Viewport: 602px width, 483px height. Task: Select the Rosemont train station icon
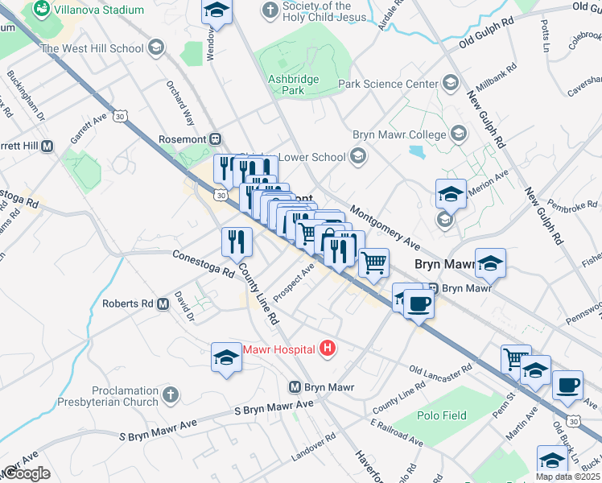215,138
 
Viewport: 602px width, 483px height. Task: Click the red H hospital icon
328,349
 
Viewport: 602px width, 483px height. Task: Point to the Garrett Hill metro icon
47,146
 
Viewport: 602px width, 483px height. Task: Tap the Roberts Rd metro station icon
163,304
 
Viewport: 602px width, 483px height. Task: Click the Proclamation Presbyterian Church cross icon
169,394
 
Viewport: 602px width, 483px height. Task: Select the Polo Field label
442,415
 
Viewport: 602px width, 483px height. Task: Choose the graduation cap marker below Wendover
215,10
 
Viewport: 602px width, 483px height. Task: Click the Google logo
26,473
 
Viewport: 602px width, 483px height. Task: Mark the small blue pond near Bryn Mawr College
417,151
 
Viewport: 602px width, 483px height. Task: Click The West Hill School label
93,48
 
